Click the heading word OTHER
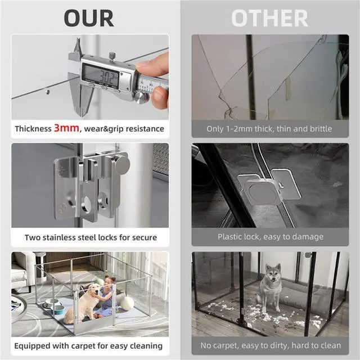[269, 18]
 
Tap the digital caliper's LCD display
[101, 74]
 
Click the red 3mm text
[66, 128]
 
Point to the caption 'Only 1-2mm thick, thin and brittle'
[269, 129]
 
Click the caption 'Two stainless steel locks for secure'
[90, 237]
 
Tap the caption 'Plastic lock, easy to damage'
[269, 237]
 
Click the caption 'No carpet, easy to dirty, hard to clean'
[269, 345]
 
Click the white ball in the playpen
[128, 304]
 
